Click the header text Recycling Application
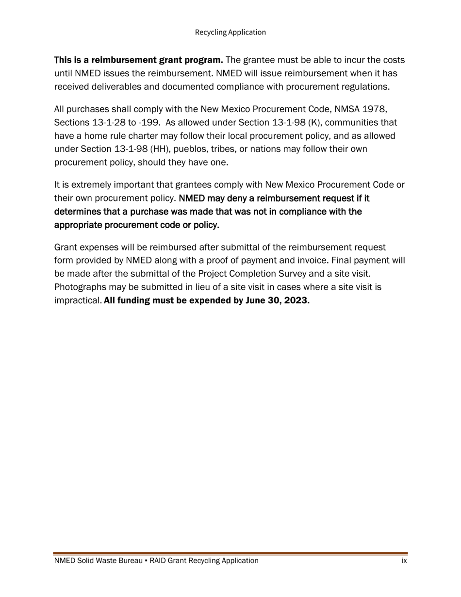pyautogui.click(x=230, y=32)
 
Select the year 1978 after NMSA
pyautogui.click(x=375, y=109)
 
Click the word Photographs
pyautogui.click(x=79, y=287)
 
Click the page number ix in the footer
pyautogui.click(x=404, y=561)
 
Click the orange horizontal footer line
pyautogui.click(x=230, y=553)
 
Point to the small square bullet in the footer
pyautogui.click(x=146, y=561)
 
